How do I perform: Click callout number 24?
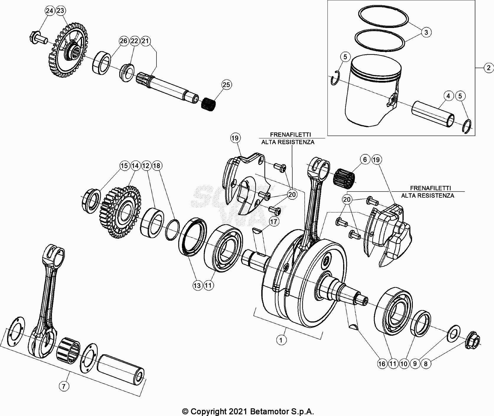[50, 11]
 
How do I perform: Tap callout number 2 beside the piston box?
[488, 68]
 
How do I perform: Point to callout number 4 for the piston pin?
[448, 96]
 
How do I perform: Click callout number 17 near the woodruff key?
[274, 221]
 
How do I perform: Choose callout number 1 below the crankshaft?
[281, 340]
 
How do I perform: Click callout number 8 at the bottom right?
[425, 364]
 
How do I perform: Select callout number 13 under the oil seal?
[197, 285]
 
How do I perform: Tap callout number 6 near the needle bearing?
[365, 160]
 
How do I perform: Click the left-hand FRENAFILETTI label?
[290, 135]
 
